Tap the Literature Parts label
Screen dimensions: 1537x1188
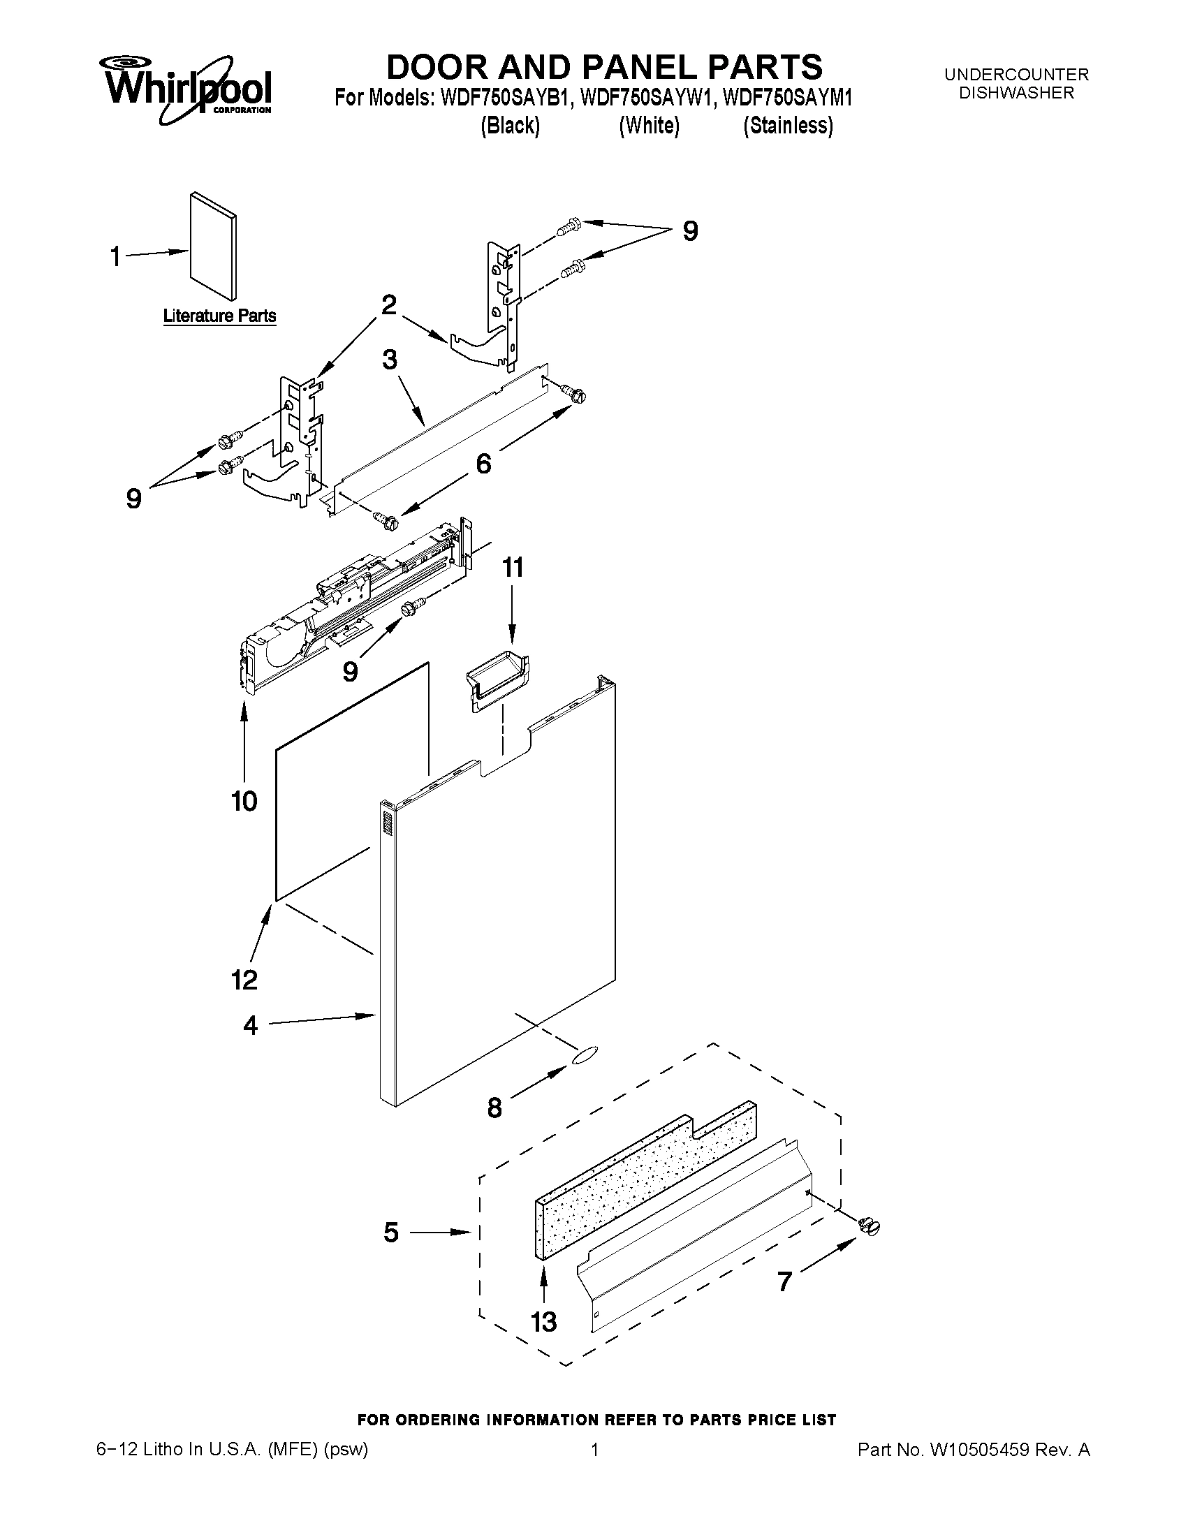(219, 316)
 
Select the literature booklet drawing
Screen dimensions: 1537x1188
(213, 247)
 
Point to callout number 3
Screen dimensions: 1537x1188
(389, 360)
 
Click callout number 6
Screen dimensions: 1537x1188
(483, 464)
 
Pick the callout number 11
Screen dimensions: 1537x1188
(513, 567)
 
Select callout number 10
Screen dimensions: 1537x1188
(244, 801)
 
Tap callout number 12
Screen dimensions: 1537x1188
(244, 979)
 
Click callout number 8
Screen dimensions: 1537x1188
(494, 1108)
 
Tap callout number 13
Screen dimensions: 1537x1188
(544, 1322)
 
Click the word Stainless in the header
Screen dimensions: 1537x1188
(789, 126)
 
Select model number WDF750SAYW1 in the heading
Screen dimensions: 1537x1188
(646, 98)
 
